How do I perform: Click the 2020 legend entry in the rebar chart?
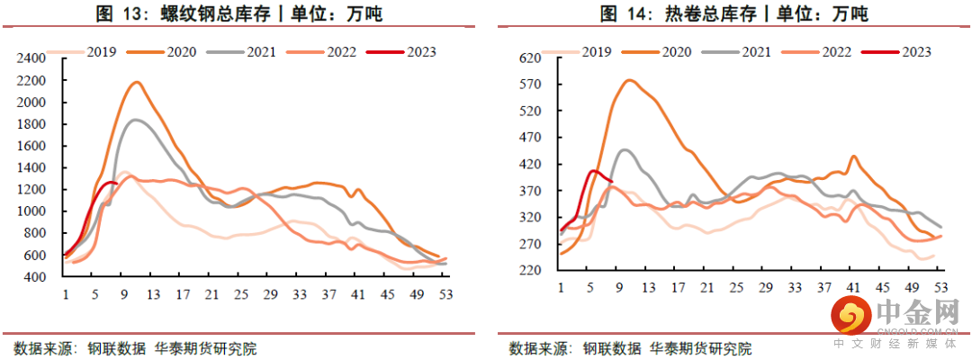tap(161, 52)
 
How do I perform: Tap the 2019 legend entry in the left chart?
tap(83, 52)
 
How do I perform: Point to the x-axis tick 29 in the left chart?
tap(267, 294)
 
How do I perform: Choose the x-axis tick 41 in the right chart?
tap(852, 288)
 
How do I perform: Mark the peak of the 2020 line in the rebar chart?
tap(137, 82)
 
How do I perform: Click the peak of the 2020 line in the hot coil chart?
tap(629, 80)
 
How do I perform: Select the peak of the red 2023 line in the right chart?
tap(594, 170)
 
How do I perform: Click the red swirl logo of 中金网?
tap(850, 316)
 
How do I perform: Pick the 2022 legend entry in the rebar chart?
tap(321, 52)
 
